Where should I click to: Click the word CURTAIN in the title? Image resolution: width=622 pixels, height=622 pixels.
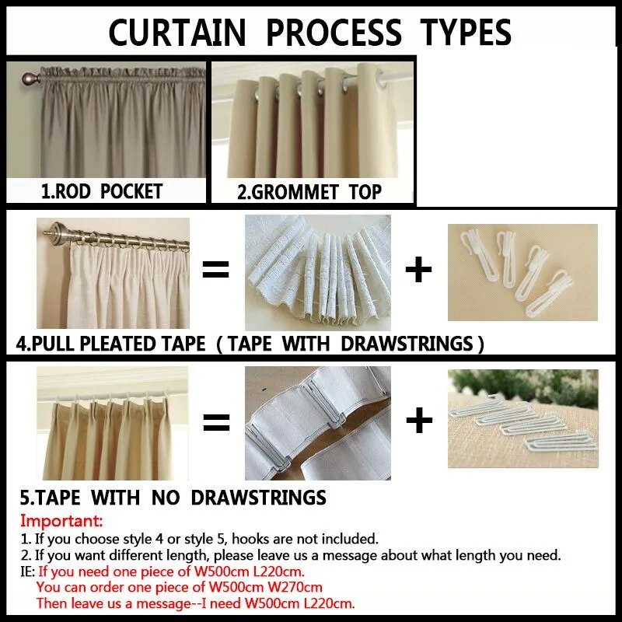[178, 33]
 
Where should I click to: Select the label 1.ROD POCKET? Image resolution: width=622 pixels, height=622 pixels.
[102, 190]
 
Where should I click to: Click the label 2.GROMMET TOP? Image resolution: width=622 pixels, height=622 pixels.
[309, 191]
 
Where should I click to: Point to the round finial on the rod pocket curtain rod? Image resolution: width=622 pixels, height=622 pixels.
[30, 79]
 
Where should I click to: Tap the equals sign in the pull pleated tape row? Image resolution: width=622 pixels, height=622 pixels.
[216, 271]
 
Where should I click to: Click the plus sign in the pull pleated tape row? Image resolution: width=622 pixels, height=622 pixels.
[419, 271]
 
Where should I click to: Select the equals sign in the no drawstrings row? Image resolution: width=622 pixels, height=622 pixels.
[216, 421]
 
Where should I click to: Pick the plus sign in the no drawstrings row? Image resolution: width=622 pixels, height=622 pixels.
[419, 421]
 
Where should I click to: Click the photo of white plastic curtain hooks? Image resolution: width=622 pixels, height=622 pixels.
[522, 272]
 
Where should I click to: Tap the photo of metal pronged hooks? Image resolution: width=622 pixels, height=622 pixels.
[522, 420]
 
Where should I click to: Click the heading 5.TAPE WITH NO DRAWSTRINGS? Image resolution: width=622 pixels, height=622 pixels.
[173, 497]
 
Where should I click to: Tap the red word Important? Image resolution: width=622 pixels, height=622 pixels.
[61, 520]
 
